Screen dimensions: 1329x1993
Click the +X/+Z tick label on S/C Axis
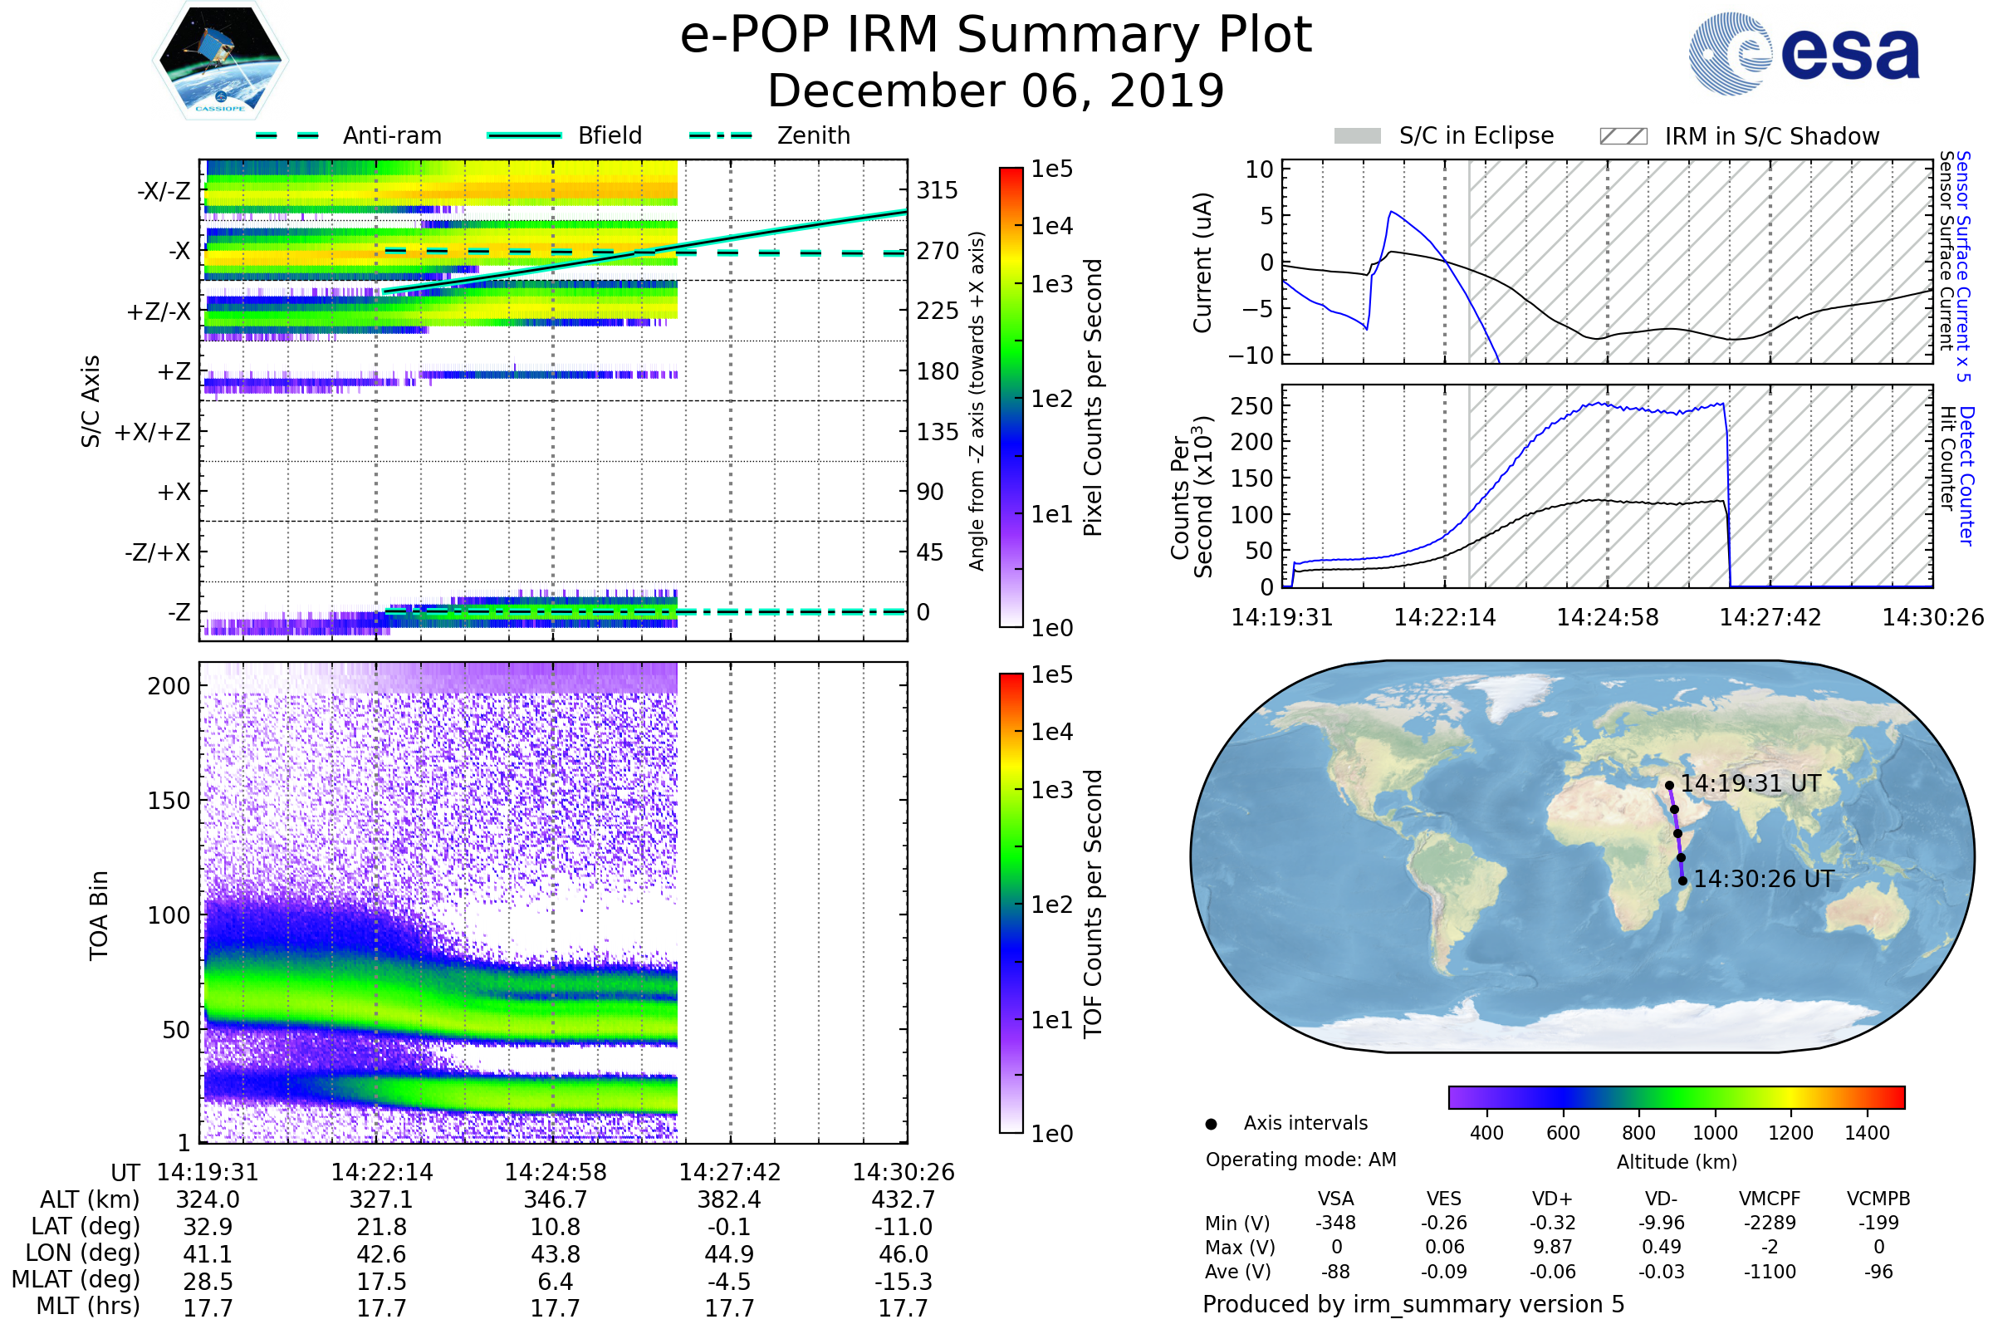tap(153, 432)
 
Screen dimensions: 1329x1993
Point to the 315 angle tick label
tap(938, 191)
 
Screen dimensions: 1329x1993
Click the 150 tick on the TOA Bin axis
tap(169, 801)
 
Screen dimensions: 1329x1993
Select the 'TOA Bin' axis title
tap(99, 915)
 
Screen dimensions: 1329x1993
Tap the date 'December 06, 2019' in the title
tap(996, 91)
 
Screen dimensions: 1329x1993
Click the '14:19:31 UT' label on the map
tap(1750, 784)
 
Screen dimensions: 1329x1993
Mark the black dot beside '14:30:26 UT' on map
tap(1683, 881)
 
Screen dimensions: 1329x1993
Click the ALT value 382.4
tap(729, 1200)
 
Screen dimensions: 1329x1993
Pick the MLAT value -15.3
tap(903, 1282)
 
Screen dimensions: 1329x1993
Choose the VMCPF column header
tap(1770, 1199)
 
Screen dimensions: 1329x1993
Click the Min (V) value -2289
tap(1770, 1223)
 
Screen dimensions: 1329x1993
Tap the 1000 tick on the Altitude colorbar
tap(1715, 1133)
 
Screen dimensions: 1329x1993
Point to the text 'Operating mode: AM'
tap(1300, 1160)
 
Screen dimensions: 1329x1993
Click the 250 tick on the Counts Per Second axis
tap(1251, 406)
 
